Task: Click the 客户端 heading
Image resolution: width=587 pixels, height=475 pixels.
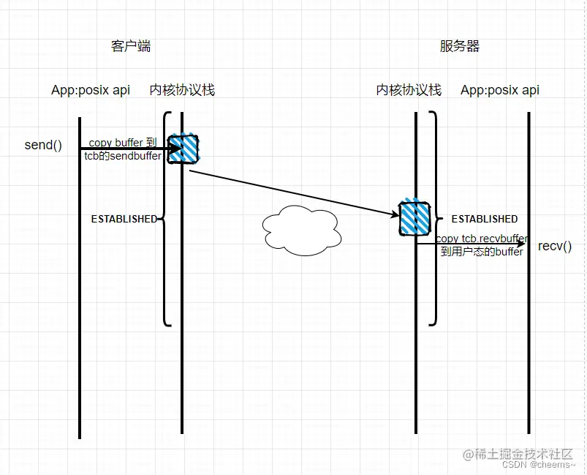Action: coord(131,46)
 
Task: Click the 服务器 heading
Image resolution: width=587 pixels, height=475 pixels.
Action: coord(460,46)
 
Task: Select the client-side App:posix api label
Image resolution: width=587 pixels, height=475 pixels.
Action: coord(91,90)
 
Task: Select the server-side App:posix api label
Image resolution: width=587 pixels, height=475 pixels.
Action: coord(500,90)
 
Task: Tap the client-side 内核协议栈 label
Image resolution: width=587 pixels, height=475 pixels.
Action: coord(182,90)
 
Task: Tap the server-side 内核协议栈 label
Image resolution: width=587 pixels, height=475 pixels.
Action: coord(409,90)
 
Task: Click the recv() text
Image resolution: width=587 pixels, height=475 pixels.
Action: coord(555,246)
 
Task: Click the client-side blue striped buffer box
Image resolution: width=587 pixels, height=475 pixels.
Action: coord(184,149)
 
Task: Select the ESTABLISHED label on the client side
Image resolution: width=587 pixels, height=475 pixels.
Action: coord(124,219)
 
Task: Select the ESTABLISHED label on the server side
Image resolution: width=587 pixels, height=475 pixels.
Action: coord(484,219)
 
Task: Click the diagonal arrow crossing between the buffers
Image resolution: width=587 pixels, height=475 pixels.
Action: coord(292,193)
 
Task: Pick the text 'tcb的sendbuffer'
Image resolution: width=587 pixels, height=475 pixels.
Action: coord(123,156)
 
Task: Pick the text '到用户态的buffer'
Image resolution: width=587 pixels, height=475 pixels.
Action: coord(482,252)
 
